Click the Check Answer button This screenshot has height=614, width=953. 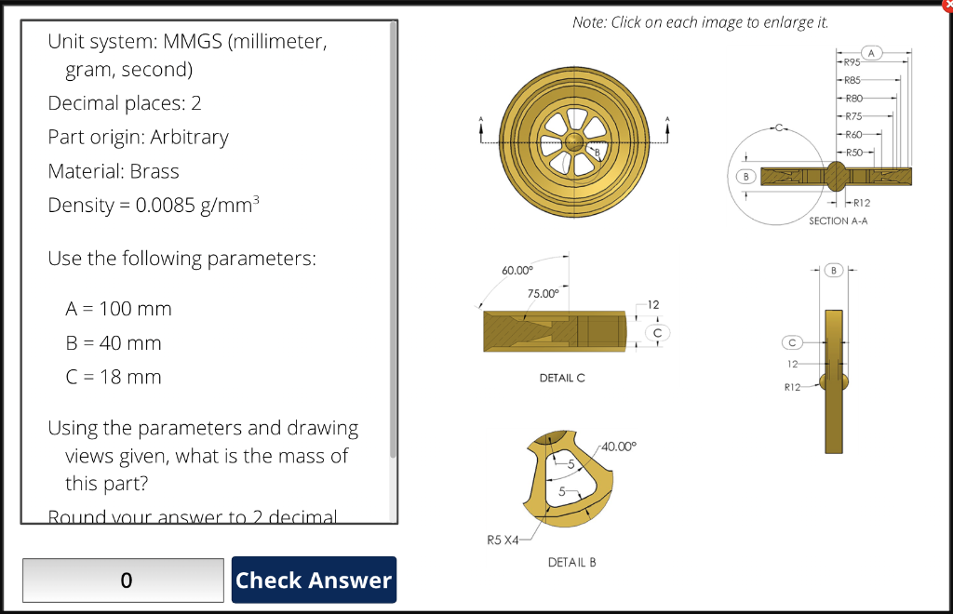click(314, 580)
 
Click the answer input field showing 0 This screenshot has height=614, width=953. click(123, 580)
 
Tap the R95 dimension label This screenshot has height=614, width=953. click(852, 63)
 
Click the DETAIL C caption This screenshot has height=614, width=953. click(562, 379)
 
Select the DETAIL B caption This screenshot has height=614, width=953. click(571, 562)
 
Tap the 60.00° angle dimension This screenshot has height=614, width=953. click(517, 270)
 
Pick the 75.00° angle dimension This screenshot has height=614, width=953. click(543, 293)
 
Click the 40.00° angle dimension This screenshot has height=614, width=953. click(620, 447)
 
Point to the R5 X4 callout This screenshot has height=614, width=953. click(503, 539)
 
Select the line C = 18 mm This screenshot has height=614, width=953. click(113, 377)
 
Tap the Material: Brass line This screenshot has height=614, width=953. click(114, 171)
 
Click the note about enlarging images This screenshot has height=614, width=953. click(701, 22)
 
